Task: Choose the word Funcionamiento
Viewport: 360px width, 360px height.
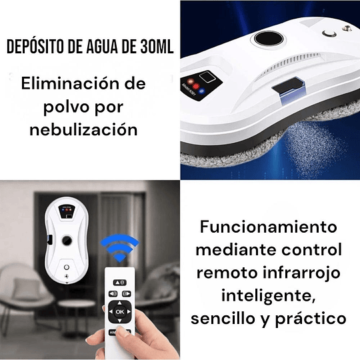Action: click(268, 226)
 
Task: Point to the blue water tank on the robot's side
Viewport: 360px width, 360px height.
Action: click(289, 89)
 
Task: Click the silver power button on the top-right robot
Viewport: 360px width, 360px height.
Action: click(327, 32)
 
